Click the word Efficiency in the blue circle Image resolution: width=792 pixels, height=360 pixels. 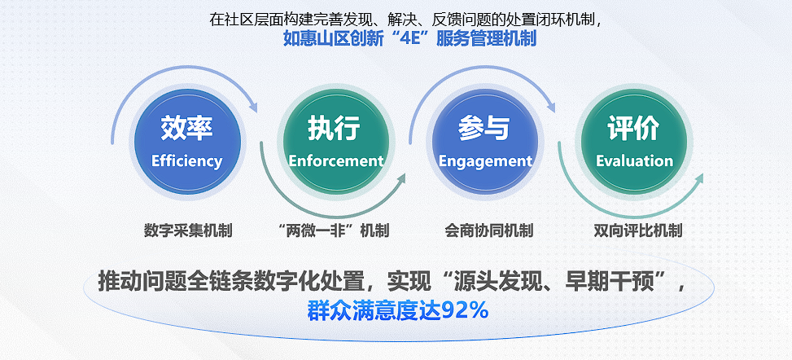pos(187,160)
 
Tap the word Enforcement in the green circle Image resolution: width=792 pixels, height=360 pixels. pos(336,160)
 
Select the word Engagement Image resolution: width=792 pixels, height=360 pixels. pos(485,161)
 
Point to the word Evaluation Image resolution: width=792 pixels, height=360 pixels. pos(634,160)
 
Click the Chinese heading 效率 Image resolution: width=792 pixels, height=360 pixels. pos(187,128)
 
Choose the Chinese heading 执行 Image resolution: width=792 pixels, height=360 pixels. pos(335,128)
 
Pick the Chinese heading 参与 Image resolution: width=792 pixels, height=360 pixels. pos(484,128)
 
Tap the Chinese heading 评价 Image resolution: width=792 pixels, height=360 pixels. pos(633,128)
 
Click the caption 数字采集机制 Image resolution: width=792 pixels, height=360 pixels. pos(188,231)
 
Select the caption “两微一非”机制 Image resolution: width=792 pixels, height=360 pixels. pos(334,231)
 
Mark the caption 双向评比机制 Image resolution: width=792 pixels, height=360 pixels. pos(638,231)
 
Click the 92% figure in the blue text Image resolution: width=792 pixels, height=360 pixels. pos(465,310)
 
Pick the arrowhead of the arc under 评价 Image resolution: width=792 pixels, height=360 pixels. pos(698,181)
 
